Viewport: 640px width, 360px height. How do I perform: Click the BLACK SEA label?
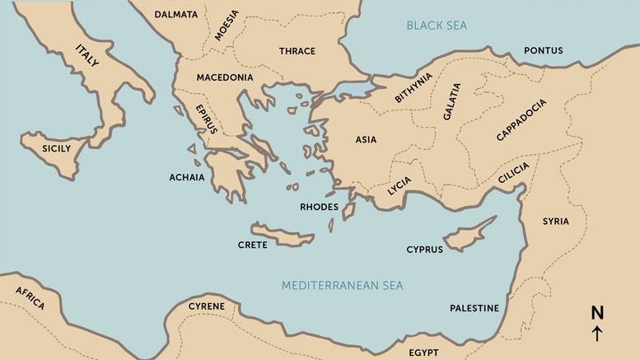tap(436, 26)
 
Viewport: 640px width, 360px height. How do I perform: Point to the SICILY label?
tap(57, 149)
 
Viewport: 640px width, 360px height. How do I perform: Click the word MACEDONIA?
tap(224, 77)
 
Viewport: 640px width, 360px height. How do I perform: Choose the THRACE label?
tap(297, 51)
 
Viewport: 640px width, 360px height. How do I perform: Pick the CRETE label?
tap(252, 245)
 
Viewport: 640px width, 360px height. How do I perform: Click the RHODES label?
tap(319, 207)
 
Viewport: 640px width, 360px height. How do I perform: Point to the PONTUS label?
tap(543, 51)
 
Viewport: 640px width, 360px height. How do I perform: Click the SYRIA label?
tap(555, 221)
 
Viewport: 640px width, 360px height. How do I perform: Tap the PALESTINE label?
tap(474, 308)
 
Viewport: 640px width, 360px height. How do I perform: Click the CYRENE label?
tap(206, 306)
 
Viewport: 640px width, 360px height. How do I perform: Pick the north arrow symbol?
tap(597, 334)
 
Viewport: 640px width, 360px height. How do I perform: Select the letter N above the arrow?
tap(597, 312)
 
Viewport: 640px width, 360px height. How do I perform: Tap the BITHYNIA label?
tap(413, 89)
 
